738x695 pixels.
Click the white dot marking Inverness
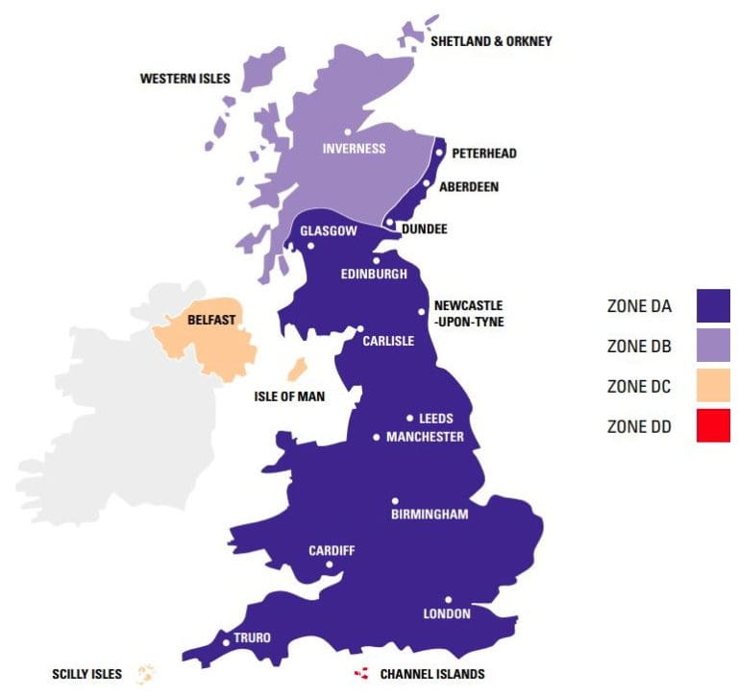pos(347,132)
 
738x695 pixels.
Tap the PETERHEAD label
pos(484,153)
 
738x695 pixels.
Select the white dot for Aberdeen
pos(427,183)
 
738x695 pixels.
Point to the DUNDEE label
pos(425,228)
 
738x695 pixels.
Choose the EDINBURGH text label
pos(374,274)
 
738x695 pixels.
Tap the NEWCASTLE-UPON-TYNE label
pos(469,314)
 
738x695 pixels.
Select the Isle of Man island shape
pos(297,369)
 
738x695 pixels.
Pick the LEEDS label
pos(435,419)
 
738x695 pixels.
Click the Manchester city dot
pos(377,438)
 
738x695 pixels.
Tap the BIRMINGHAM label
pos(430,515)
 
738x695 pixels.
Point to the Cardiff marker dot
pos(330,564)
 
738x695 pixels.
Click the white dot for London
pos(448,599)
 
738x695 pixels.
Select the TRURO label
pos(252,637)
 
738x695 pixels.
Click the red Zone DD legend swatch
pos(713,425)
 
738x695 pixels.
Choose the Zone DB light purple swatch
pos(713,346)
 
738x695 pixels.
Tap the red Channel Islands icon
pos(362,674)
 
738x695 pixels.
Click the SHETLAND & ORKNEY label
pos(491,41)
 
